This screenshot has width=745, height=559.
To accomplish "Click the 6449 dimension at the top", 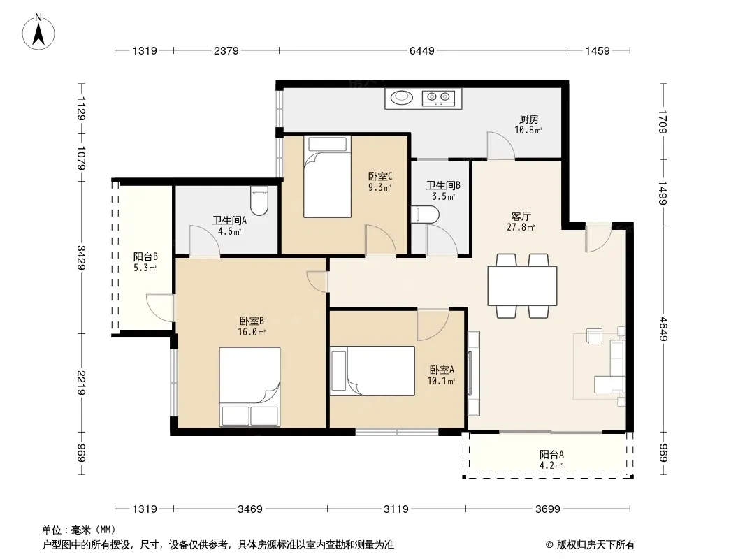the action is point(422,50).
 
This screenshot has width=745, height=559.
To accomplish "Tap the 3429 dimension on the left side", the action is point(81,257).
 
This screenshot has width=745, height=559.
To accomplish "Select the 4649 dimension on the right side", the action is point(663,328).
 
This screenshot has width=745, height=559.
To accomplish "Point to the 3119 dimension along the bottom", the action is point(396,509).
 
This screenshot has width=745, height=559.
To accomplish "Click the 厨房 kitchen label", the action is point(528,119).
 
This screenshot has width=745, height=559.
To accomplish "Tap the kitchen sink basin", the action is point(402,97).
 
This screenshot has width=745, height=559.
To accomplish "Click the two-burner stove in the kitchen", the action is point(438,98).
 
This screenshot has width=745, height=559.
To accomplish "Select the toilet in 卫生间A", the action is point(259,200).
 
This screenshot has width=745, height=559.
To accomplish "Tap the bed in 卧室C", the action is point(327,177).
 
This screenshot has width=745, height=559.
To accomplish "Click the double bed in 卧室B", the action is point(249,386).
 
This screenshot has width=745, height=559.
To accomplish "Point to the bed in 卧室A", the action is point(372,371).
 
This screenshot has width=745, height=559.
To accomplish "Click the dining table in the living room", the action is point(522,285).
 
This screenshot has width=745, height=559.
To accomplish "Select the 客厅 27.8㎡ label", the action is point(521,222).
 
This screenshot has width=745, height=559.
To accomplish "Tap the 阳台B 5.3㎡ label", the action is point(145,262).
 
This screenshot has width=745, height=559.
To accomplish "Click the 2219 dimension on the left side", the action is point(81,383).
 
